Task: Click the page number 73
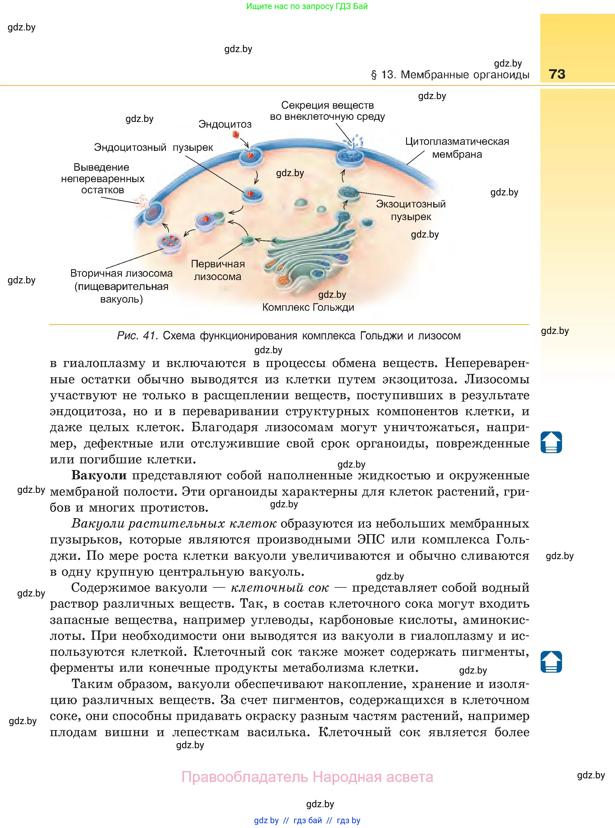point(557,74)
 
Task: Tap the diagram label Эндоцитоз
point(225,124)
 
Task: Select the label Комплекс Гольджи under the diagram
point(308,307)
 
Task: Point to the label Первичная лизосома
point(218,270)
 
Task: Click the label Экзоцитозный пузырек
point(411,210)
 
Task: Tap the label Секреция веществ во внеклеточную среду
point(327,111)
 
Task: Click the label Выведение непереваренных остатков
point(102,179)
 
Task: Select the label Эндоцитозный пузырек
point(154,148)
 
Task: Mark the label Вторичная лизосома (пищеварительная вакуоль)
point(121,286)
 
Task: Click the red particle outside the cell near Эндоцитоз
point(236,134)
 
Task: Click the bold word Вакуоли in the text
point(99,476)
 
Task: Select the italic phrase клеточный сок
point(280,588)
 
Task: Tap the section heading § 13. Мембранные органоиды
point(450,75)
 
